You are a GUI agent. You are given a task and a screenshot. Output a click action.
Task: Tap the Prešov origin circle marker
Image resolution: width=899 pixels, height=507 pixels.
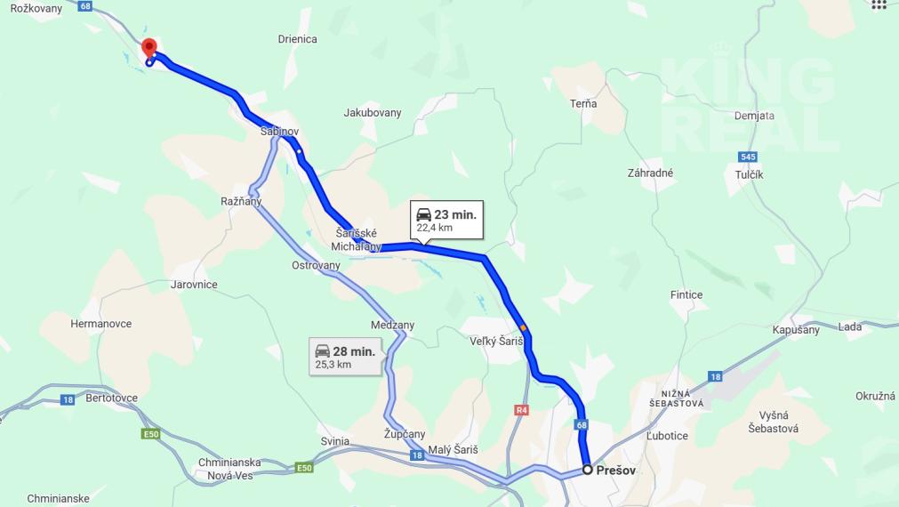tap(587, 470)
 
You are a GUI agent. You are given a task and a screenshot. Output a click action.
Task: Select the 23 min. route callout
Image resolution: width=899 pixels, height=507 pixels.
tap(446, 220)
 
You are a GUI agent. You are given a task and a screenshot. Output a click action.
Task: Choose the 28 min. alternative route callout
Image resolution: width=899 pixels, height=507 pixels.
tap(346, 357)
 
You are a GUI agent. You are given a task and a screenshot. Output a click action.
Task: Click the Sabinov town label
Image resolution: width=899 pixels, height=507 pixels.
tap(279, 131)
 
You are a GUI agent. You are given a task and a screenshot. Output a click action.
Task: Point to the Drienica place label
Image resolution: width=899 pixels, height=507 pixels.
tap(297, 39)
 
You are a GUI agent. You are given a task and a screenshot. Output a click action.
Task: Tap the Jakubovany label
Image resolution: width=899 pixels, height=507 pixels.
tap(373, 113)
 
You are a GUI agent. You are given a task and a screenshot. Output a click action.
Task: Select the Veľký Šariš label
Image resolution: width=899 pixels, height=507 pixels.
tap(496, 342)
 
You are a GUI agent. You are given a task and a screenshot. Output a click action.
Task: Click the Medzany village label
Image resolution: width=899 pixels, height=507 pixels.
tap(392, 326)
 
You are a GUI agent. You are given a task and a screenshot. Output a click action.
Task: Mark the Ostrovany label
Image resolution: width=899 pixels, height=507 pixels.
tap(316, 265)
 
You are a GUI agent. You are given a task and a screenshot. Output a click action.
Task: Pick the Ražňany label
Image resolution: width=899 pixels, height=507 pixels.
tap(241, 201)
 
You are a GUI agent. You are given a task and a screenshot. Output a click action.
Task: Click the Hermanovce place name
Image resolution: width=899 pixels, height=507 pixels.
tap(101, 324)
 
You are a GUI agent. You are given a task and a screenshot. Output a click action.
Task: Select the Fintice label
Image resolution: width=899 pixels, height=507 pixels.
tap(686, 294)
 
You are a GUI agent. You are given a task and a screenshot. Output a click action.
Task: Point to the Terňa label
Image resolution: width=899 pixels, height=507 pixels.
tap(583, 104)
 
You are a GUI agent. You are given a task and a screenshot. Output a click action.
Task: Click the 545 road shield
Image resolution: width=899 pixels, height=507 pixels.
tap(747, 157)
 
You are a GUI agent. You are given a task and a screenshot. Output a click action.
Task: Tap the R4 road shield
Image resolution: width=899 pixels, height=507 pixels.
tap(521, 410)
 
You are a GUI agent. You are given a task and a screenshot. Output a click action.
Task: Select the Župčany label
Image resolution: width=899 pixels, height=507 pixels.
tap(404, 434)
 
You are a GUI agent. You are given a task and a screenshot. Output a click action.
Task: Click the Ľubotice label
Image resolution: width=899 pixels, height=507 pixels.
tap(667, 436)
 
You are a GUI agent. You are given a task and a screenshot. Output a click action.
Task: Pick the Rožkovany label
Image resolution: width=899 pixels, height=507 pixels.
tap(36, 8)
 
